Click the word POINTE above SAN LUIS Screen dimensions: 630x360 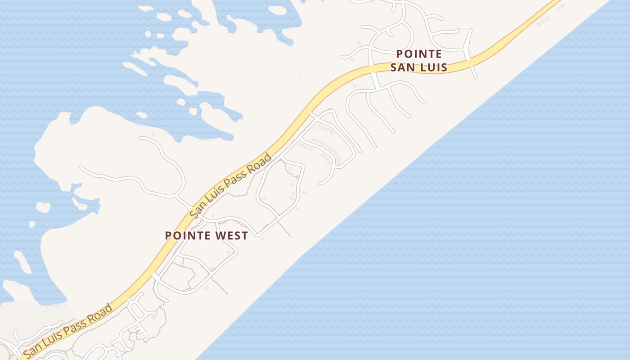pyautogui.click(x=418, y=54)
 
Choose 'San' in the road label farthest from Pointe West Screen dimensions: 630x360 pyautogui.click(x=31, y=352)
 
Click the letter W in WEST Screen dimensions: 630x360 pyautogui.click(x=217, y=235)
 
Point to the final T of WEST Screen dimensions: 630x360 pyautogui.click(x=245, y=235)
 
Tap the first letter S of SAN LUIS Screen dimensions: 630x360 pyautogui.click(x=394, y=67)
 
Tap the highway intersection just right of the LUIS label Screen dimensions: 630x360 pyautogui.click(x=470, y=62)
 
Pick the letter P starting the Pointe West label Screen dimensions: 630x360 pyautogui.click(x=168, y=235)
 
